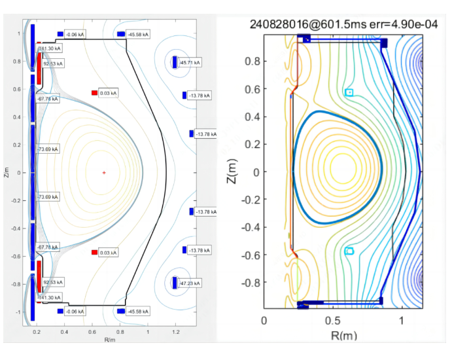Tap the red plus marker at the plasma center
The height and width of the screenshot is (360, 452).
click(x=103, y=173)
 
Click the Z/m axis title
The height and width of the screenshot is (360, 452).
click(x=5, y=172)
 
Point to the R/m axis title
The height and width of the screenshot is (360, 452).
click(x=110, y=340)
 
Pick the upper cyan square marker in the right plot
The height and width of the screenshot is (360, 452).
click(x=349, y=92)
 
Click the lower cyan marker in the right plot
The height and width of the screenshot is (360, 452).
click(x=349, y=251)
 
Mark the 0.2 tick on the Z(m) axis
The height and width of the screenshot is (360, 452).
click(x=249, y=144)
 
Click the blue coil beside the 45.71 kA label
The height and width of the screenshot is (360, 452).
click(x=175, y=62)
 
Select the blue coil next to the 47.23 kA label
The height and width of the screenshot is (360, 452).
click(x=175, y=283)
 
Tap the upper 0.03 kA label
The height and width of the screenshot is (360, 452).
click(x=109, y=94)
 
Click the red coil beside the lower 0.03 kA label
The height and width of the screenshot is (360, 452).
click(x=94, y=252)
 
